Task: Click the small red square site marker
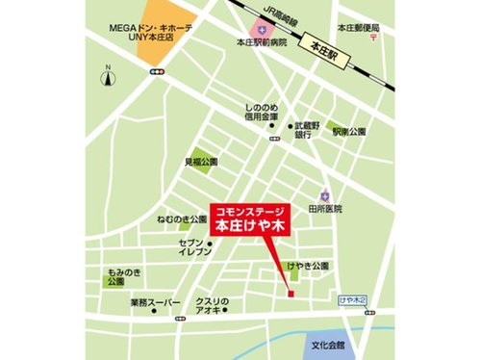click(288, 294)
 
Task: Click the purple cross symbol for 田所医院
click(326, 193)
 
